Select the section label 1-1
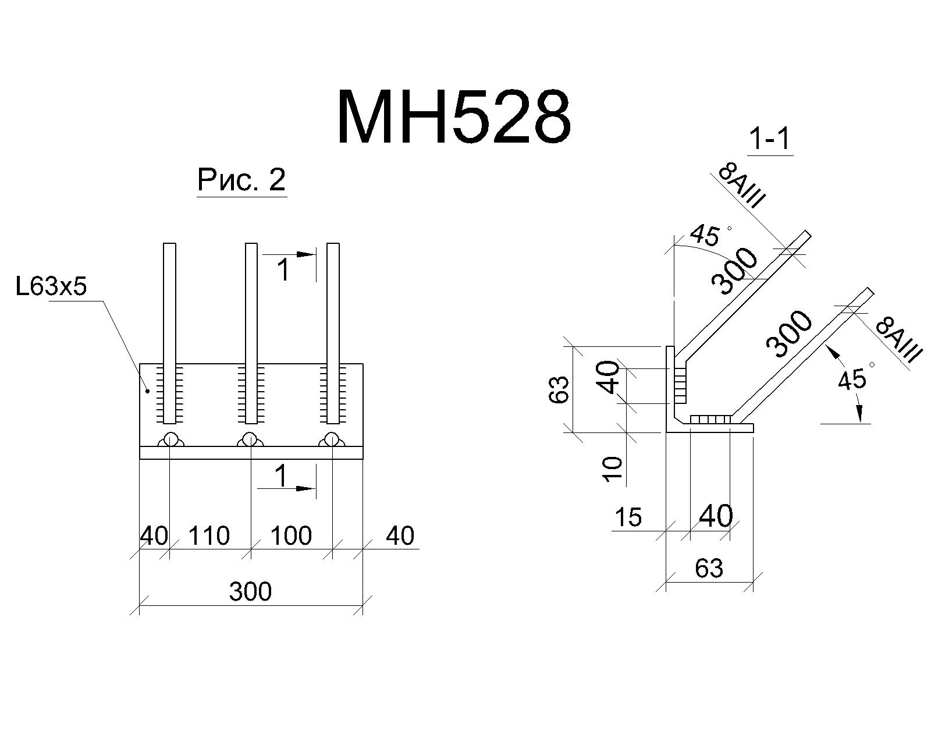click(770, 139)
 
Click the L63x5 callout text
click(51, 286)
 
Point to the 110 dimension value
click(209, 535)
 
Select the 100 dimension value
click(291, 535)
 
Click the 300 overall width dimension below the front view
click(250, 591)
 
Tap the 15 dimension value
click(628, 517)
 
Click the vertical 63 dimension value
click(559, 389)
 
